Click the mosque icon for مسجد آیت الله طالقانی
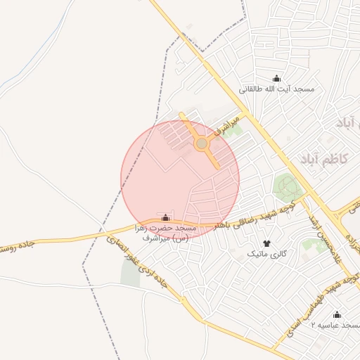(276, 78)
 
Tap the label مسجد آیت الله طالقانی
(277, 89)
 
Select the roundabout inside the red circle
(202, 143)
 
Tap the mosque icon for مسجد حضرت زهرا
(166, 217)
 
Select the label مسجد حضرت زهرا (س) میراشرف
(166, 233)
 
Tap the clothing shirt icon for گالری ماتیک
(266, 243)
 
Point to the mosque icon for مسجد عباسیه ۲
(336, 314)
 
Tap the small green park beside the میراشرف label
(233, 130)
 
